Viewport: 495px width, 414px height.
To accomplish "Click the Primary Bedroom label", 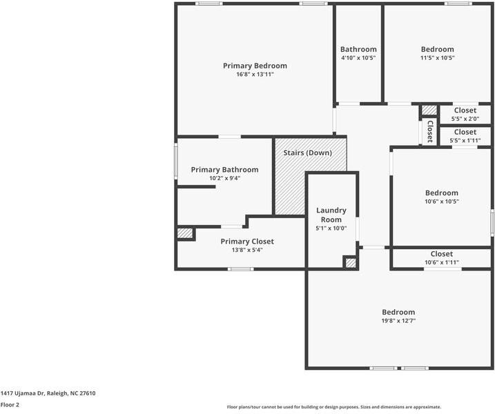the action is click(255, 66).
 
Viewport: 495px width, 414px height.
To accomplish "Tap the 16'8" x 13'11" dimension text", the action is click(255, 75).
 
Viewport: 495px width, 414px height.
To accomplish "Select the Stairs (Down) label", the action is click(307, 153).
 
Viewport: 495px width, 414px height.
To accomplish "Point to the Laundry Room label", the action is click(331, 215).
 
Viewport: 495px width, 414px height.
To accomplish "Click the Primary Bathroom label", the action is click(225, 170).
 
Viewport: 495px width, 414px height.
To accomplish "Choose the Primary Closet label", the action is click(247, 241).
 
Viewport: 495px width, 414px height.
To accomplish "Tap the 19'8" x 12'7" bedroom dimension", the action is click(398, 321).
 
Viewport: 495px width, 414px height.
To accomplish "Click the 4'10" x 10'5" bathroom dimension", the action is click(358, 58).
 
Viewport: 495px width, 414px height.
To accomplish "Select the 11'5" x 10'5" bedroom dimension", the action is click(437, 58).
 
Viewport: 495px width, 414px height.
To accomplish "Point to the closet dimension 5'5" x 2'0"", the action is click(465, 119).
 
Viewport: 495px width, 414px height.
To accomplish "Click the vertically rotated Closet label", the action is click(429, 131).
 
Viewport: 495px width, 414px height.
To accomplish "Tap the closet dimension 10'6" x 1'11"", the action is click(442, 262).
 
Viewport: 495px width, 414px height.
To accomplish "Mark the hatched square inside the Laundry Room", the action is click(351, 262).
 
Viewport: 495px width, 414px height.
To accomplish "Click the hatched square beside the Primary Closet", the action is click(185, 233).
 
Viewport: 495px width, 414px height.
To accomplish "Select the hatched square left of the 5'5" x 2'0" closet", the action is click(429, 110).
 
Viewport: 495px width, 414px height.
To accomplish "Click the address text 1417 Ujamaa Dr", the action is click(23, 393).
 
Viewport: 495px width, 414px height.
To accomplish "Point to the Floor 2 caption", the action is click(10, 404).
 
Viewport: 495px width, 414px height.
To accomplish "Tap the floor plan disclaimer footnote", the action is click(334, 407).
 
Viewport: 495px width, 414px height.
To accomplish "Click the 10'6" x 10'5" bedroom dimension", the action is click(442, 201).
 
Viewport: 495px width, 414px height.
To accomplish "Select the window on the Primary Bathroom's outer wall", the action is click(176, 161).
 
